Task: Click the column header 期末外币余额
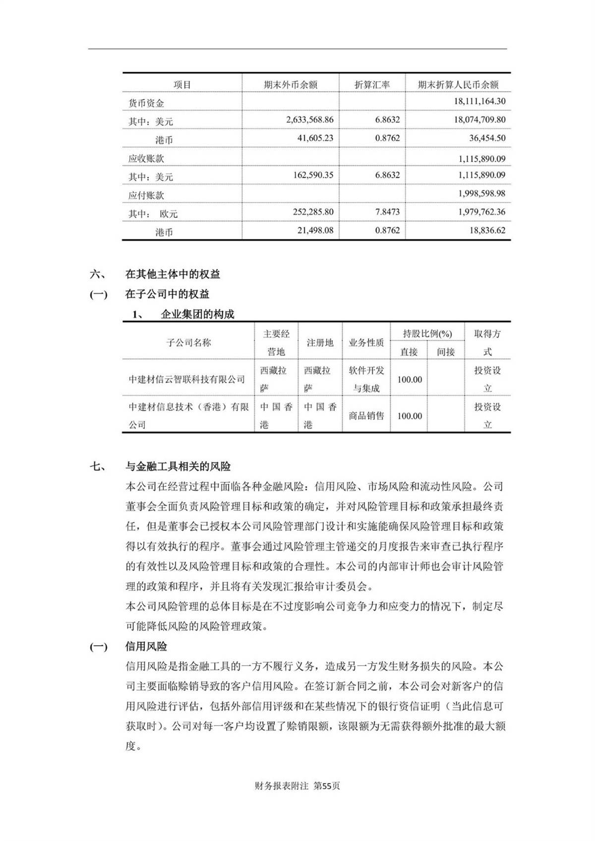tap(290, 85)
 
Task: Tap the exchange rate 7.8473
tap(387, 212)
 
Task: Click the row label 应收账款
tap(146, 159)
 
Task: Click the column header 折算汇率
tap(372, 85)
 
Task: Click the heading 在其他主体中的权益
tap(173, 274)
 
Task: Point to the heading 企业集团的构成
tap(197, 314)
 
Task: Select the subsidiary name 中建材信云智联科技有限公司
tap(187, 380)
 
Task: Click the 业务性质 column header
tap(366, 343)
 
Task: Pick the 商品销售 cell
tap(366, 416)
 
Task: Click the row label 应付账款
tap(146, 195)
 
